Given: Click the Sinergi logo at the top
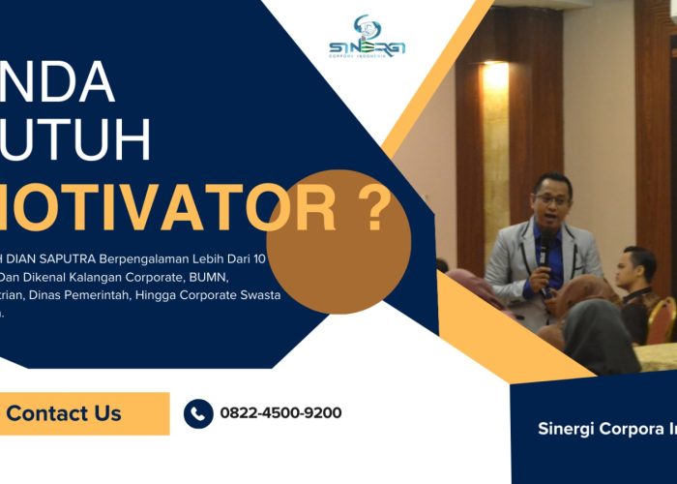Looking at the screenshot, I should pos(367,39).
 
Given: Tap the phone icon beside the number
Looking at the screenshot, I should pos(198,413).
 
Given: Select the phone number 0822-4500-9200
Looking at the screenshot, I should pos(280,413).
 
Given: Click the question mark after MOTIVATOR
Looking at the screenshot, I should pos(372,208).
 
